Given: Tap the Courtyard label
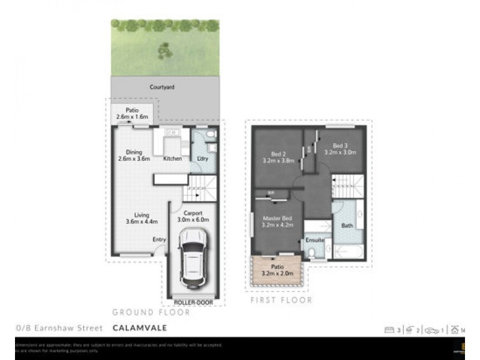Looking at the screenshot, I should (162, 87).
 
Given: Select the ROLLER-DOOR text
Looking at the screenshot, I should (194, 302).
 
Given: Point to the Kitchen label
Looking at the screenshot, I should (173, 158).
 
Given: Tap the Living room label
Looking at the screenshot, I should (142, 215).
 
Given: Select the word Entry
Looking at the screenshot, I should (159, 240).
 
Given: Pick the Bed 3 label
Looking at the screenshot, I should (340, 145).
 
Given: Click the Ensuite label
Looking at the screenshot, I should (315, 240).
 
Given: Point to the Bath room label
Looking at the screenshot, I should (347, 226).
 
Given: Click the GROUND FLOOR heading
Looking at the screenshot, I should (151, 313).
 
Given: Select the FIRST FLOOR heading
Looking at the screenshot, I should (281, 300).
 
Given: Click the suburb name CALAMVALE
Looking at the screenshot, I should (139, 328).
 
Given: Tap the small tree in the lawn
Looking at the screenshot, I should (165, 50).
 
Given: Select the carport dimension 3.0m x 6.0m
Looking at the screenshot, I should (193, 220).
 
